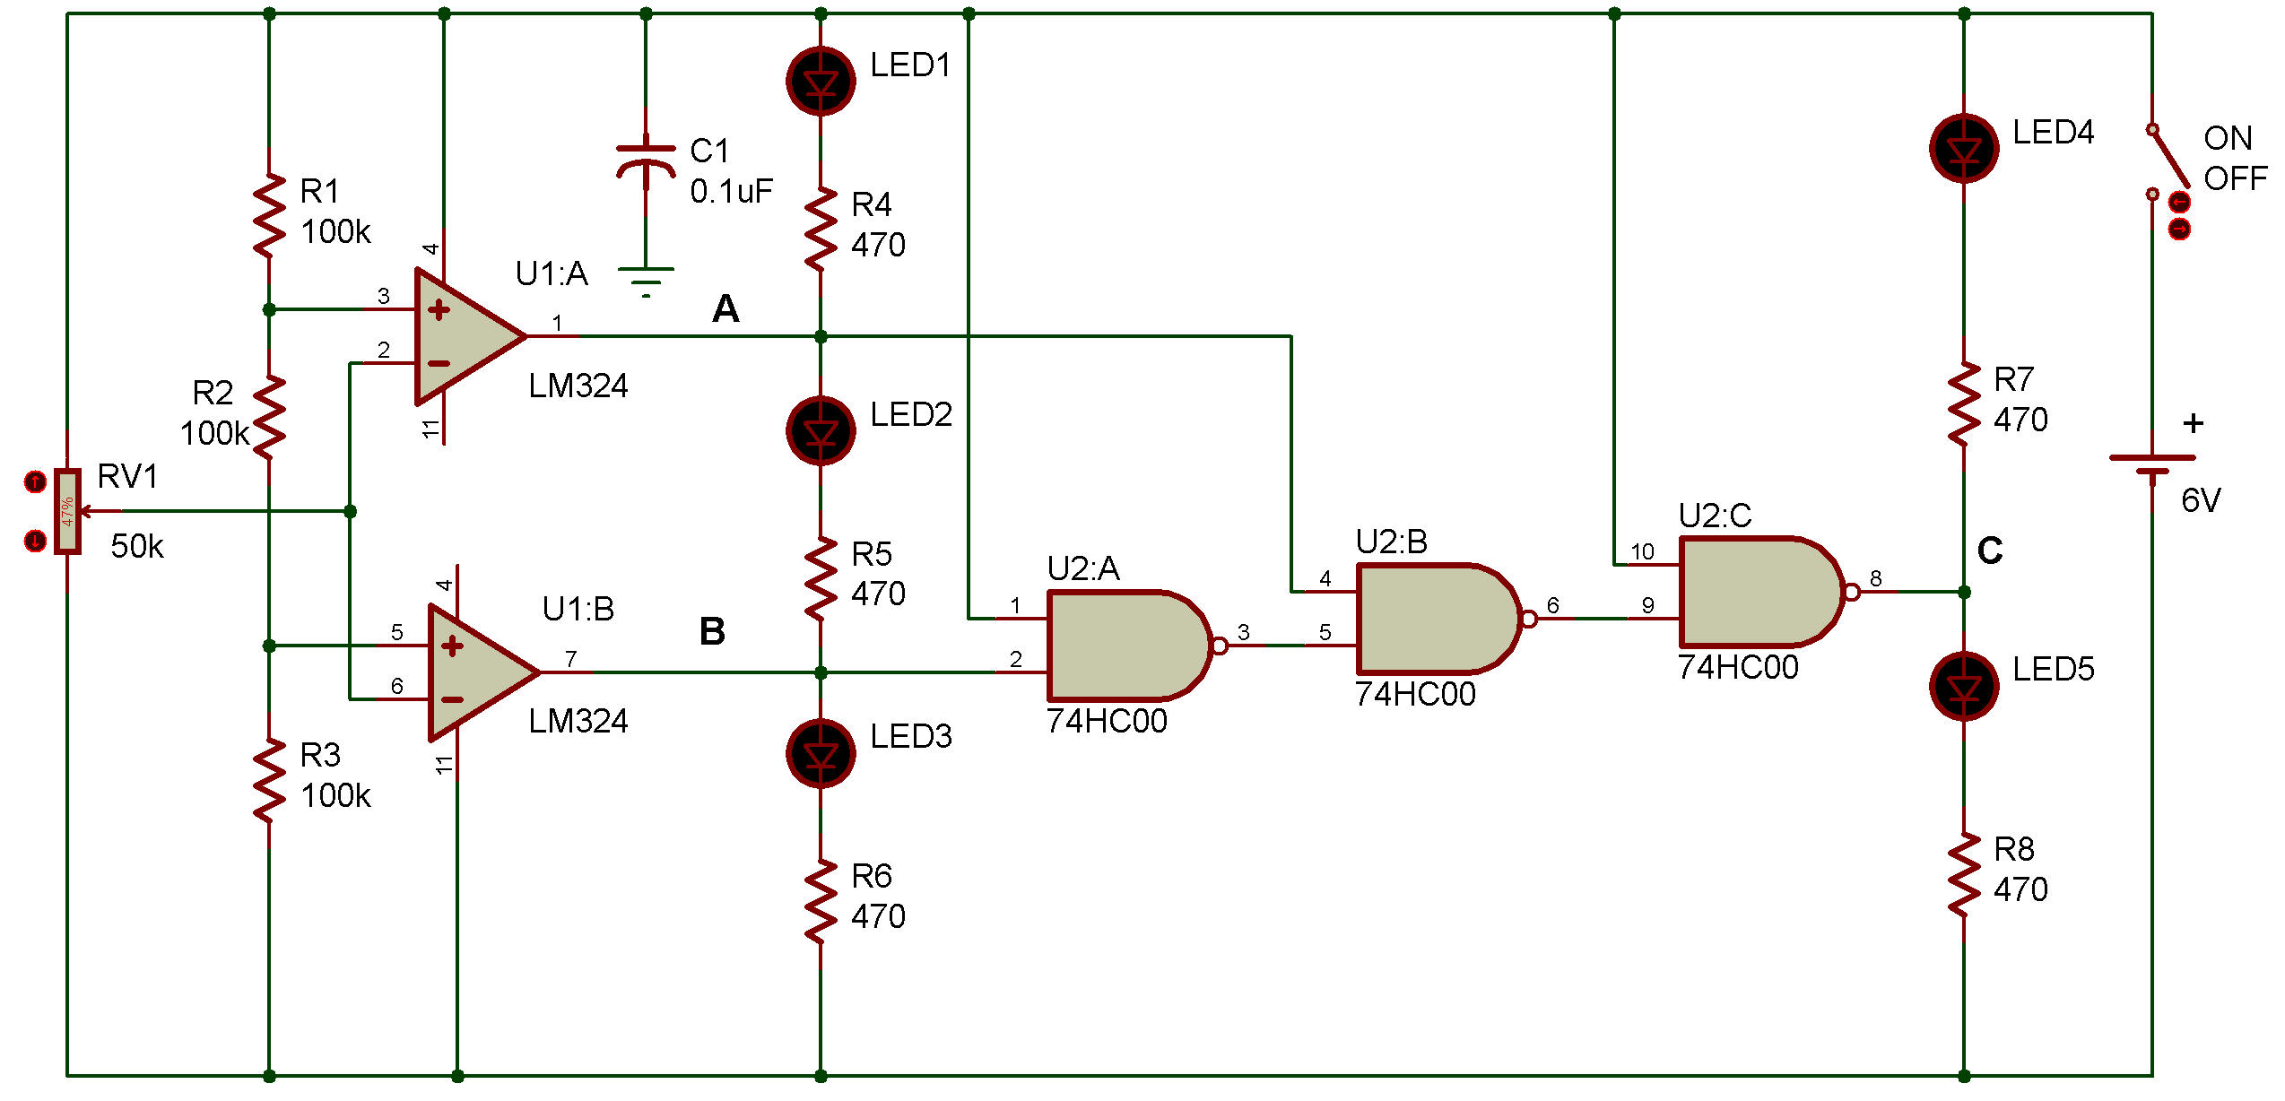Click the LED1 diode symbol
(821, 82)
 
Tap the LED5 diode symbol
(1964, 687)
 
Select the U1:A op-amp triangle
(462, 336)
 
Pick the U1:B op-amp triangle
(475, 672)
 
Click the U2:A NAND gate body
(1125, 646)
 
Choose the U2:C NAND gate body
(1758, 592)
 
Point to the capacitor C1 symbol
(646, 161)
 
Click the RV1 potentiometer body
(67, 511)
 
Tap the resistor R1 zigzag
(269, 215)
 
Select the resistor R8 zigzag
(1964, 874)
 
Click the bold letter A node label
(725, 309)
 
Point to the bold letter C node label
(1989, 550)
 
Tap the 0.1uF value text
(731, 191)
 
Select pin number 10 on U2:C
(1642, 551)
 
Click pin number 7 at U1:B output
(571, 659)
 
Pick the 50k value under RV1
(137, 546)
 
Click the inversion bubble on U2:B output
(1529, 619)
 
